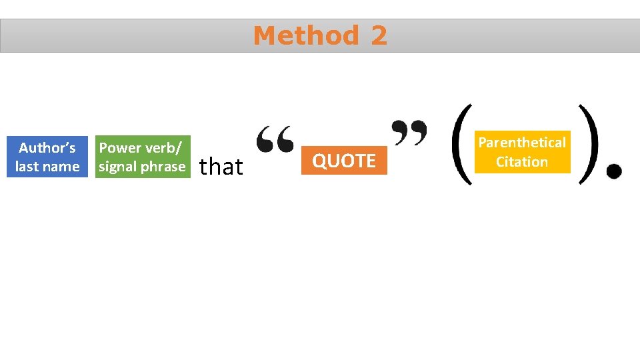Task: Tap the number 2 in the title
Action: pos(379,35)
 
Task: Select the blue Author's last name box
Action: pos(47,157)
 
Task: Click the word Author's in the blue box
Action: pos(47,148)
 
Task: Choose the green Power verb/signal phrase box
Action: pos(142,157)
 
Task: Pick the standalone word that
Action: pos(221,166)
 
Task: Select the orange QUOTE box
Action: pos(344,161)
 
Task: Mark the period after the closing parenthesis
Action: pos(613,172)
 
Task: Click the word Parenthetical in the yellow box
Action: pos(522,143)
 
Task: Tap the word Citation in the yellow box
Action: pos(522,162)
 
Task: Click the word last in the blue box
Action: pos(27,167)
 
